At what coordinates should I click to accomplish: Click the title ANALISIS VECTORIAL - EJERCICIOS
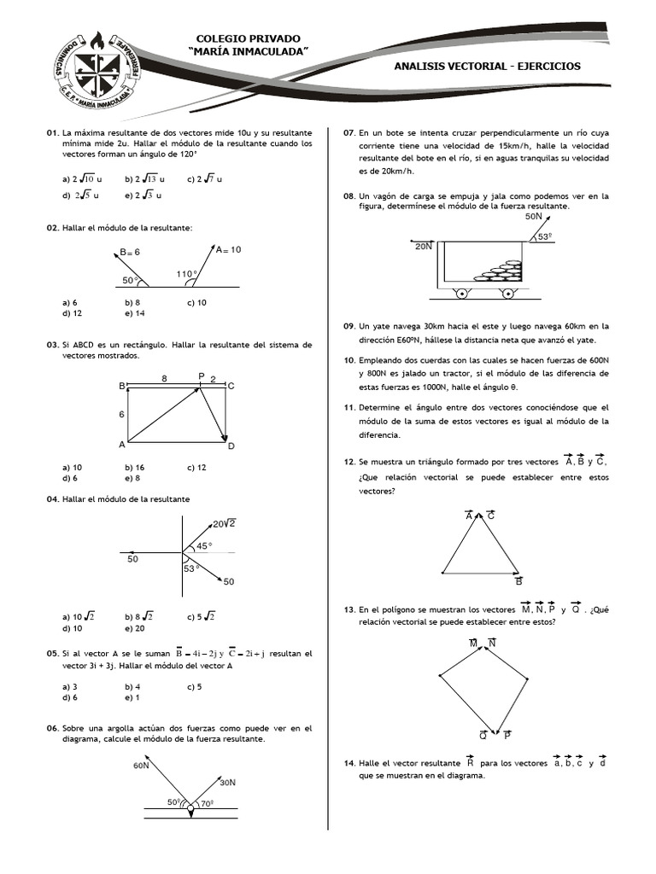coord(488,66)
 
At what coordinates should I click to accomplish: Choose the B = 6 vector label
coord(129,252)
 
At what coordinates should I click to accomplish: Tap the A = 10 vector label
coord(228,249)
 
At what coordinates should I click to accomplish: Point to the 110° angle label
coord(187,274)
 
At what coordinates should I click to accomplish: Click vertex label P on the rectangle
coord(202,376)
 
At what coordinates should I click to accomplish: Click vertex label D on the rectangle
coord(231,446)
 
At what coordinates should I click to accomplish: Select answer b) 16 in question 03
coord(134,467)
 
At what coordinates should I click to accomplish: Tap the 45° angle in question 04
coord(205,545)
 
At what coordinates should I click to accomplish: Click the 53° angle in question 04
coord(190,568)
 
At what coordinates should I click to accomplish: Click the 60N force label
coord(141,766)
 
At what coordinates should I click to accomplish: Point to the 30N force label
coord(227,782)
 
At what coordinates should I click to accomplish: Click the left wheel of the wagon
coord(461,294)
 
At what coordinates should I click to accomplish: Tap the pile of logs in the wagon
coord(500,271)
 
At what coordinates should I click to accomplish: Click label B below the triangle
coord(518,582)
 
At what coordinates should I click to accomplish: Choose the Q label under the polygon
coord(483,734)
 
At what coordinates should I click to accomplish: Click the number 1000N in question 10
coord(412,387)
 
